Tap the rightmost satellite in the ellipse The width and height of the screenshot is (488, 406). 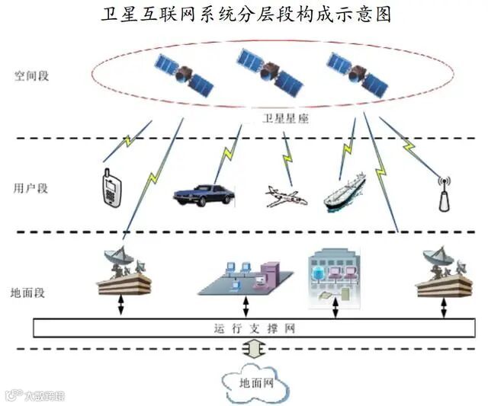click(x=357, y=73)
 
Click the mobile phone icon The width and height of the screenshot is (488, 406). click(x=112, y=187)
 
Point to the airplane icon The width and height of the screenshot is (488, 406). click(x=285, y=196)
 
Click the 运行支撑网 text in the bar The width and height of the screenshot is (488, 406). click(x=252, y=329)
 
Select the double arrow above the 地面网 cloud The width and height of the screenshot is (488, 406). click(x=253, y=350)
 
